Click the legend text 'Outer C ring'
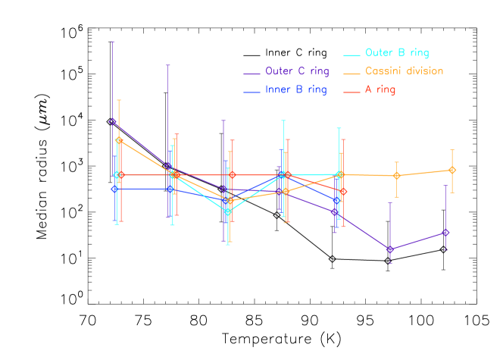(x=297, y=72)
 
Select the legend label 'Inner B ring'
(x=296, y=90)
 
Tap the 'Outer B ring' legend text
(x=397, y=53)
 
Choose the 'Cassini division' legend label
(x=404, y=72)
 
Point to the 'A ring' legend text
(x=380, y=90)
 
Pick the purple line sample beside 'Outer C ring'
(x=251, y=74)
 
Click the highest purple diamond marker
(x=113, y=121)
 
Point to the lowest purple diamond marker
(x=390, y=249)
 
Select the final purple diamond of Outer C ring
(x=445, y=233)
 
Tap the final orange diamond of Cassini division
(x=452, y=170)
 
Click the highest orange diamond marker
(x=118, y=140)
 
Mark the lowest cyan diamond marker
(x=227, y=211)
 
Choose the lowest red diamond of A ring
(x=343, y=191)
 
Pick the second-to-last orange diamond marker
(x=396, y=176)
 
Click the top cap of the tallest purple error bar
(x=113, y=41)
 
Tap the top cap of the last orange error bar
(x=452, y=150)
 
